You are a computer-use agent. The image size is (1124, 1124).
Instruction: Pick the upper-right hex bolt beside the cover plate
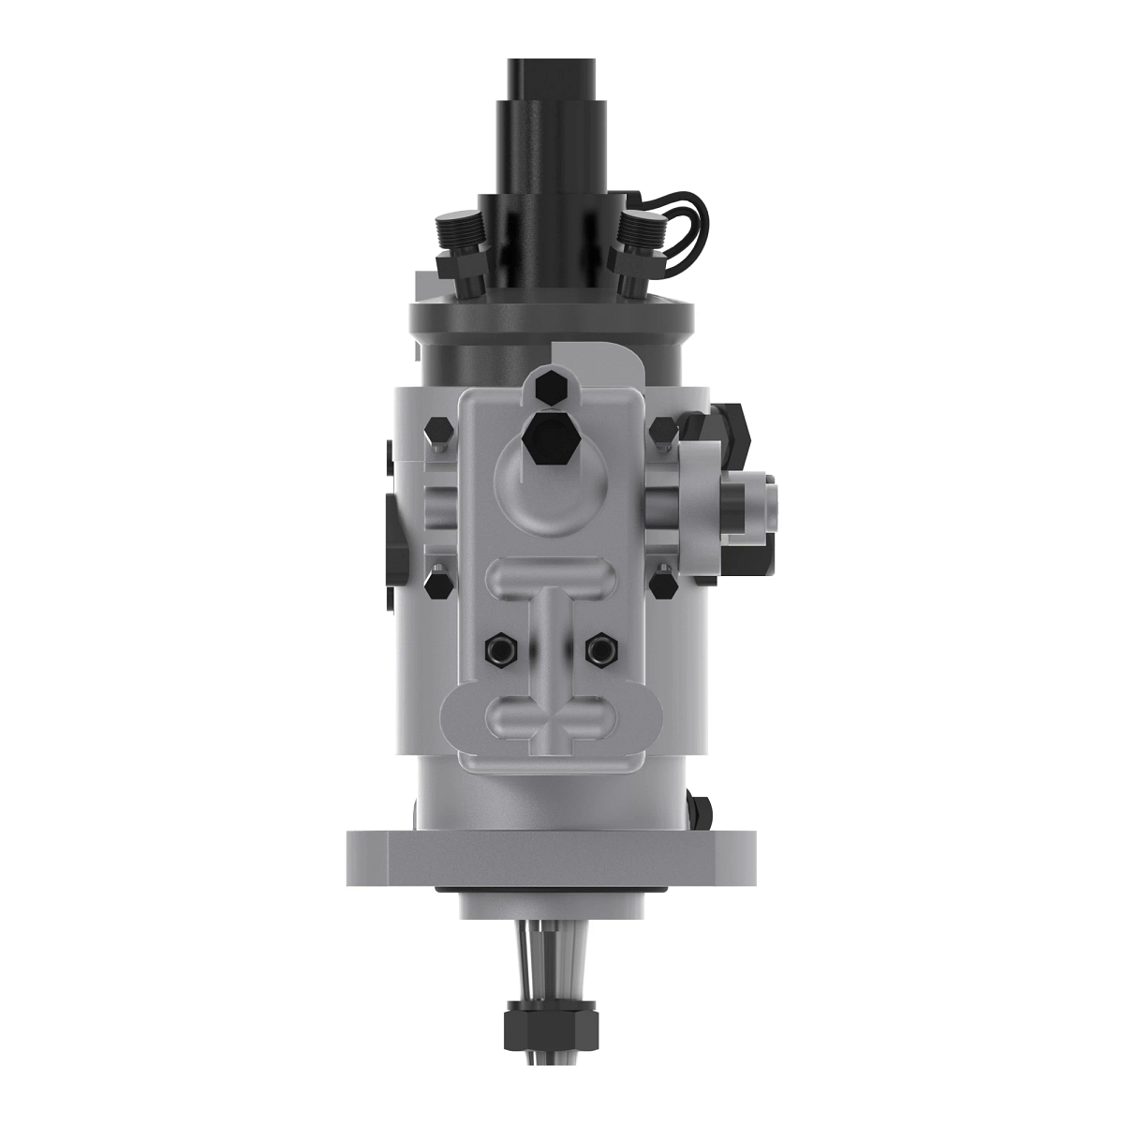tap(662, 433)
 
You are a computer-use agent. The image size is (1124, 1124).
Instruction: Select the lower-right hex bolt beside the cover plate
tap(663, 585)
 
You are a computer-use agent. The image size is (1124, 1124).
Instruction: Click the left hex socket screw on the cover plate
tap(497, 648)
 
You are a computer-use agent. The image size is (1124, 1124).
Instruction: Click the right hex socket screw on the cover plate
tap(599, 648)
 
